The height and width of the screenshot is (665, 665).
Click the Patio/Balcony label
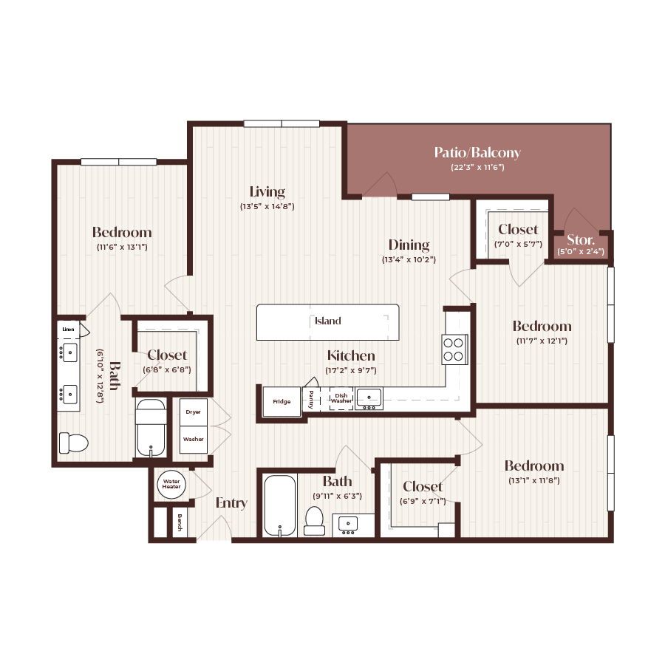477,153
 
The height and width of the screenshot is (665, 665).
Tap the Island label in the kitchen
327,321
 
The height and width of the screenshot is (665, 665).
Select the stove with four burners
454,349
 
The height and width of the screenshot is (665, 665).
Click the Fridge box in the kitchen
282,402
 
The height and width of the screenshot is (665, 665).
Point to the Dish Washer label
341,398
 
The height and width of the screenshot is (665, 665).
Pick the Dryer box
194,412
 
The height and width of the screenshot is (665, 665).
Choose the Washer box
194,439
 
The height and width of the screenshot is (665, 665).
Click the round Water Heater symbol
171,485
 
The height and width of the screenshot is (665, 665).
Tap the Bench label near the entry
180,524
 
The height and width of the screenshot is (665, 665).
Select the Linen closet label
68,329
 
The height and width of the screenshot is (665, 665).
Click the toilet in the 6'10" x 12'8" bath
73,443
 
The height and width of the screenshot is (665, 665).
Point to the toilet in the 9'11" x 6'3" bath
315,520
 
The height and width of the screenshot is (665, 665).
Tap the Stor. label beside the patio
581,239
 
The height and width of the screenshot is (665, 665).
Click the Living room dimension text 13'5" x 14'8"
267,207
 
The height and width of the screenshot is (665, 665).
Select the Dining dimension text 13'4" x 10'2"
409,260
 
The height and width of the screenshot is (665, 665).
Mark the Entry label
231,503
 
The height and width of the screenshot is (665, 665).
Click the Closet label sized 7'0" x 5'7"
518,230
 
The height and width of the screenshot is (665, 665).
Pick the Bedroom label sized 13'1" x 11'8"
533,465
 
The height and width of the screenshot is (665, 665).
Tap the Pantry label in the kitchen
311,398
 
